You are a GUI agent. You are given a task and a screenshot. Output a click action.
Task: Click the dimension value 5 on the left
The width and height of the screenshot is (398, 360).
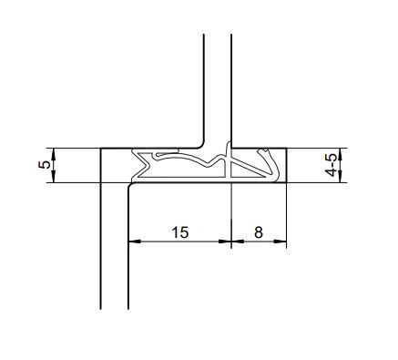coord(45,165)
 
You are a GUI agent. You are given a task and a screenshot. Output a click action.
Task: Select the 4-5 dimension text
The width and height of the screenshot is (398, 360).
coord(331,165)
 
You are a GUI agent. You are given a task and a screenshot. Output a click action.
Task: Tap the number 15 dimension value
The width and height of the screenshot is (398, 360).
coord(180,232)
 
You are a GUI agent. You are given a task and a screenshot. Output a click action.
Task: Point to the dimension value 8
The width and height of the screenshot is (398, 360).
coord(259,232)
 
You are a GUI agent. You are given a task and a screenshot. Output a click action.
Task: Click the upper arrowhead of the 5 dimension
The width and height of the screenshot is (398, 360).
coord(54,154)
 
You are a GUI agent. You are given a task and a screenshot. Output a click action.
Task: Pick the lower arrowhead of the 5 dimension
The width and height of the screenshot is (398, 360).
coord(54,177)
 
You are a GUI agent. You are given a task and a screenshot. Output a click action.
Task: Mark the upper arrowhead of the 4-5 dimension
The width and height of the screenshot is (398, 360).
coord(340,154)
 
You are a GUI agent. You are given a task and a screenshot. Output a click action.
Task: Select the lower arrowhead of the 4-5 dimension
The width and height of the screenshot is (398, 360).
coord(340,177)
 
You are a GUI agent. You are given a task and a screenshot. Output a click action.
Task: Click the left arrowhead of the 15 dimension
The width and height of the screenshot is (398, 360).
coord(135,242)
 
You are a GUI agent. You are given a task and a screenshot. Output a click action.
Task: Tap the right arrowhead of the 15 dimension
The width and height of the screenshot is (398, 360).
coord(225,242)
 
